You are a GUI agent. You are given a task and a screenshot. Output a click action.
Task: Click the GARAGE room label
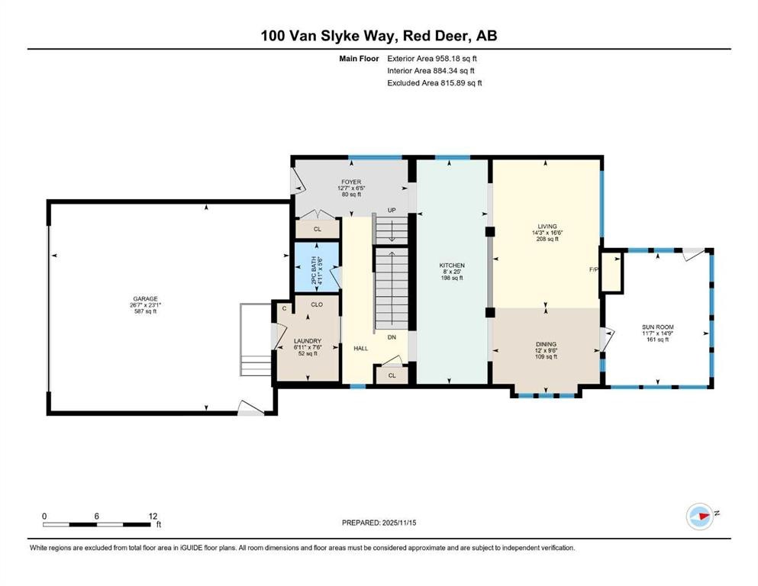[145, 299]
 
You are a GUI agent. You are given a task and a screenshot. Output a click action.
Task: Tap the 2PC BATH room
[317, 267]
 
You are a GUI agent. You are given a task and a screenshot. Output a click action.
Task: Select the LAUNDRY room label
[308, 341]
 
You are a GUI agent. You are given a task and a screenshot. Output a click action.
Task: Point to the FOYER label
[351, 182]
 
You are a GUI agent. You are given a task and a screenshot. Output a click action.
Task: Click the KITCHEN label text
[452, 266]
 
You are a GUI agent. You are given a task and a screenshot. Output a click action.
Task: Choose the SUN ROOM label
[658, 327]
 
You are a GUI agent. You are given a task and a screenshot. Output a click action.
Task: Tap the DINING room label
[546, 344]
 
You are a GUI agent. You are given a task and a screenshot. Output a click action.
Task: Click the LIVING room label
[547, 226]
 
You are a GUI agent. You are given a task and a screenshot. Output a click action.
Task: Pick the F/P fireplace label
[594, 269]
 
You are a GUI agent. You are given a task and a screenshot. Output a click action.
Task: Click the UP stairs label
[392, 210]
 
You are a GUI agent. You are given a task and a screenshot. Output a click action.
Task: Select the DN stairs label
[392, 337]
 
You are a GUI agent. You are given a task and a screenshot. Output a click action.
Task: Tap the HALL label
[360, 348]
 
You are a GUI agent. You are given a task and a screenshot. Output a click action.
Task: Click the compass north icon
[700, 516]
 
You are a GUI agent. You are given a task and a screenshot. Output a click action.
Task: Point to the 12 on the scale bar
[153, 516]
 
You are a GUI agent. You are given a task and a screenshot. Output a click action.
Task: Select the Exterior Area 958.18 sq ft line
[432, 59]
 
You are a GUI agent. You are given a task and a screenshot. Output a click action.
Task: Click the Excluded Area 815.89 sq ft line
[434, 82]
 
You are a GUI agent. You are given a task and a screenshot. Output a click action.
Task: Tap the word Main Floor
[360, 59]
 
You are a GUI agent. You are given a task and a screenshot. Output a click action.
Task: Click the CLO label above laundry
[317, 304]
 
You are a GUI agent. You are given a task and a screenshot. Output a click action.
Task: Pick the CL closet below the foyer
[317, 229]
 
